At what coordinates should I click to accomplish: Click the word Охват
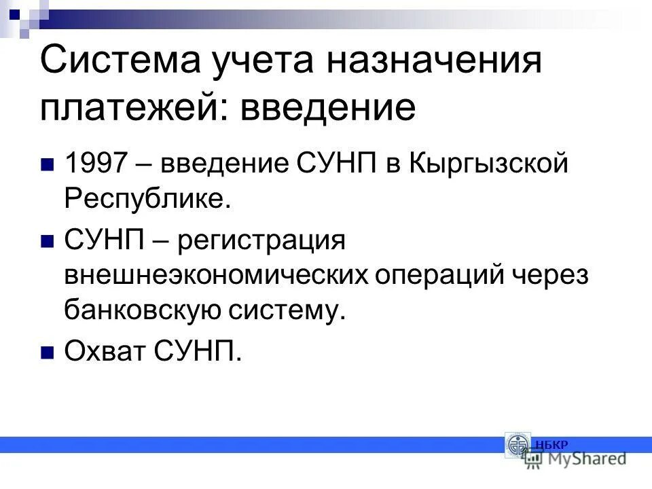(106, 352)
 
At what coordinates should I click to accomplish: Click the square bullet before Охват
(48, 352)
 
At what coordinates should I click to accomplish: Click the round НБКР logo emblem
(518, 446)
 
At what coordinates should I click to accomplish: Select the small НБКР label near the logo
(551, 445)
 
